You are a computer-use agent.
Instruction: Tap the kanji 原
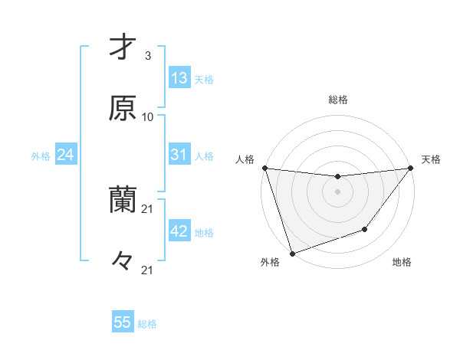click(x=123, y=108)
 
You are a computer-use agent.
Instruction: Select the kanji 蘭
click(x=123, y=201)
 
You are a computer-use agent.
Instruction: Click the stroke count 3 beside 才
click(x=147, y=56)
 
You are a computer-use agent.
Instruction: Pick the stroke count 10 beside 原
click(x=148, y=117)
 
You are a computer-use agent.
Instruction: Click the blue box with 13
click(x=179, y=77)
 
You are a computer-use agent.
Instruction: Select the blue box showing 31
click(x=179, y=155)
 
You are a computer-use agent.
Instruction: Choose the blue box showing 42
click(x=179, y=231)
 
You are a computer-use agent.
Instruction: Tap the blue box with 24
click(x=65, y=155)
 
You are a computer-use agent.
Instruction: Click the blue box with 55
click(x=123, y=322)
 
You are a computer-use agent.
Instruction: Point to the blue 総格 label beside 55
click(x=147, y=324)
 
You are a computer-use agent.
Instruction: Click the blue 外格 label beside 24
click(x=41, y=156)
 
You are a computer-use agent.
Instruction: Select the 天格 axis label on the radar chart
click(x=431, y=159)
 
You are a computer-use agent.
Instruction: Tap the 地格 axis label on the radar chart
click(x=402, y=263)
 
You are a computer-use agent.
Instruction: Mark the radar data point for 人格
click(x=264, y=168)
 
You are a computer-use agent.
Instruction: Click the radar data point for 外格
click(x=292, y=253)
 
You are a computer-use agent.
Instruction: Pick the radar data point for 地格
click(x=366, y=229)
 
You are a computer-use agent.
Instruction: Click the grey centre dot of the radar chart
click(x=337, y=191)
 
